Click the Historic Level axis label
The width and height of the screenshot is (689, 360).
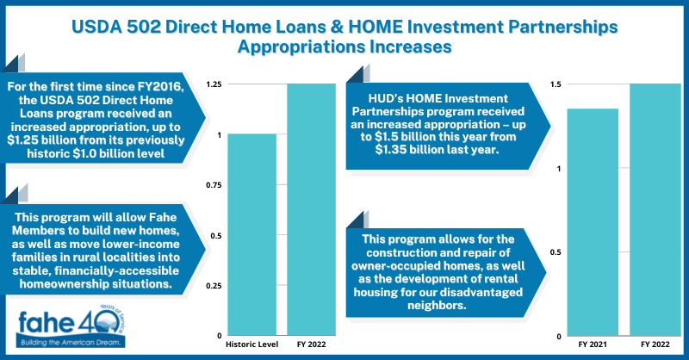[x=251, y=344]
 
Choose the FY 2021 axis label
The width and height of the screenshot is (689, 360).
[x=592, y=344]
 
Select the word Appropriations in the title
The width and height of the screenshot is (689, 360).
[x=298, y=47]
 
